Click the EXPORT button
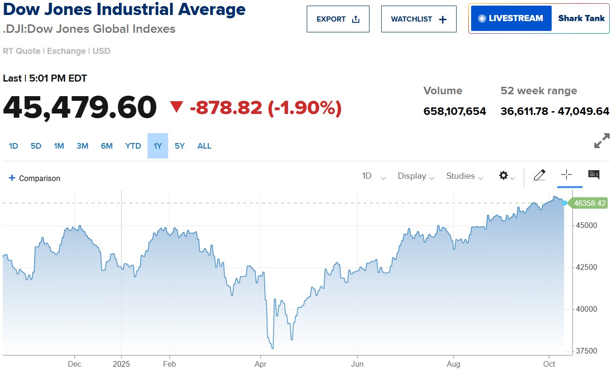tap(338, 19)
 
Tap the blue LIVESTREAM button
tap(511, 18)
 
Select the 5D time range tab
tap(36, 146)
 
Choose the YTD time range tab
tap(133, 146)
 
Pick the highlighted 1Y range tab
tap(158, 146)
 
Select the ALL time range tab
tap(204, 146)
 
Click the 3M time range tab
tap(82, 146)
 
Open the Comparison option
tap(35, 178)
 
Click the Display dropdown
tap(416, 176)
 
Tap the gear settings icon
tap(504, 176)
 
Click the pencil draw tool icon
tap(539, 175)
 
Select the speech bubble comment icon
tap(594, 175)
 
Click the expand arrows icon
tap(602, 141)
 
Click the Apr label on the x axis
tap(260, 364)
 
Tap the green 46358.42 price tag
tap(589, 203)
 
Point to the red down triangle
tap(177, 108)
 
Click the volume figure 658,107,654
tap(454, 111)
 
